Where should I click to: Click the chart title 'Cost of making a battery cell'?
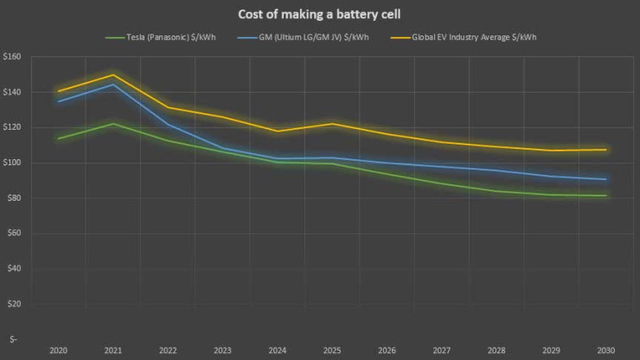(x=320, y=14)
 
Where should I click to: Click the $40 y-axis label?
(x=14, y=269)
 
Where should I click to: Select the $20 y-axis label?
(x=14, y=305)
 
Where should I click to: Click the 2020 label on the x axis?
(x=58, y=350)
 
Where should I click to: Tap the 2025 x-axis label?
(x=332, y=350)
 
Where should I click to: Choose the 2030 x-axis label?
(x=605, y=350)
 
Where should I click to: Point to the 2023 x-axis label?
(x=222, y=350)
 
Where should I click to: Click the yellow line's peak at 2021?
(x=113, y=74)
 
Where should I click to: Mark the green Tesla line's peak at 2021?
(x=113, y=124)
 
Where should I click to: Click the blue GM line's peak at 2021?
(x=113, y=84)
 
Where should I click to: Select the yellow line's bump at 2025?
(x=332, y=124)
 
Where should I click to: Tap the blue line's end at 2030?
(x=605, y=179)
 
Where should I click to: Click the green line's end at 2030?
(x=605, y=196)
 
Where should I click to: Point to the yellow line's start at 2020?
(x=58, y=91)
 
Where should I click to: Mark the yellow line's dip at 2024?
(x=277, y=131)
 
